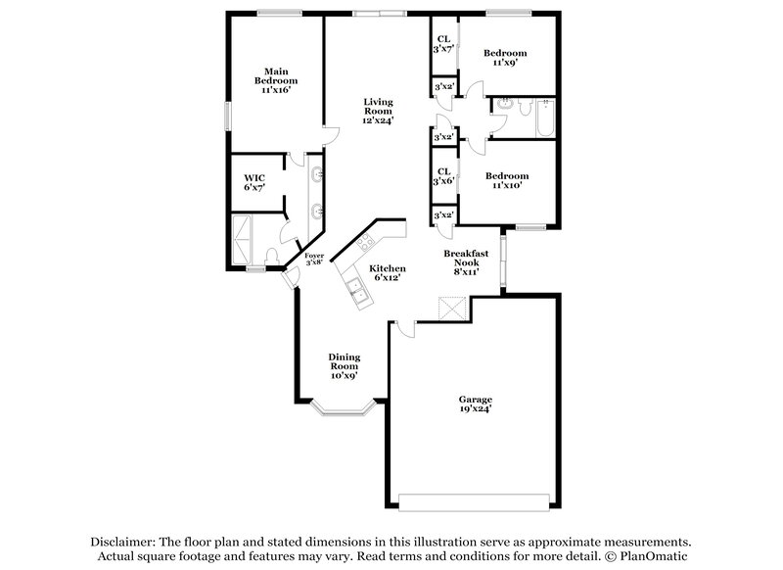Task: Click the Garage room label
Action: pyautogui.click(x=476, y=404)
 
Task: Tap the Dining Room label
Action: pyautogui.click(x=344, y=365)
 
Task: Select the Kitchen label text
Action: pyautogui.click(x=387, y=272)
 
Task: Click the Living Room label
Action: pyautogui.click(x=379, y=111)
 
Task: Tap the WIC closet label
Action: pyautogui.click(x=254, y=182)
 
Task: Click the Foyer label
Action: pyautogui.click(x=314, y=259)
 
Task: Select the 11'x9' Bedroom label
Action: pyautogui.click(x=506, y=57)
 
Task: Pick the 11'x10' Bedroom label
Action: pyautogui.click(x=510, y=180)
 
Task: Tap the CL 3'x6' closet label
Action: pyautogui.click(x=443, y=175)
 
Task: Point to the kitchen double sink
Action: pyautogui.click(x=355, y=287)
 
